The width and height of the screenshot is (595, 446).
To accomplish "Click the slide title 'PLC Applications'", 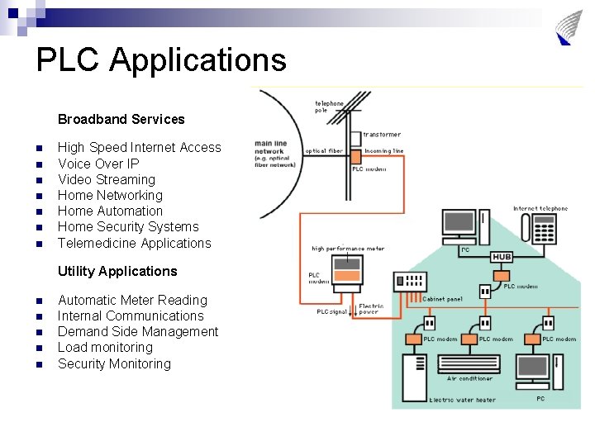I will point(161,60).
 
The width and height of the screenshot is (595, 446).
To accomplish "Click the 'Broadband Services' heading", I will point(121,119).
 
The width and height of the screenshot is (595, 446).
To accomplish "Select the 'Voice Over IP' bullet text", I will point(98,164).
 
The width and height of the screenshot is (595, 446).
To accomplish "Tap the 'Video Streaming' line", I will point(107,179).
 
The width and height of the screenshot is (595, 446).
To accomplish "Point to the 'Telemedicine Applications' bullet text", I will point(135,243).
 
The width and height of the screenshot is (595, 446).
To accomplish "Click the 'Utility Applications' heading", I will point(117,271).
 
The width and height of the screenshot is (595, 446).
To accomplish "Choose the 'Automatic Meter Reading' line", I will point(132,300).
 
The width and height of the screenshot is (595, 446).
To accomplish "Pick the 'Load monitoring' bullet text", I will point(105,347).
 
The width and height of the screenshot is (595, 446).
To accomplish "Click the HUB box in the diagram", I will point(502,257).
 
